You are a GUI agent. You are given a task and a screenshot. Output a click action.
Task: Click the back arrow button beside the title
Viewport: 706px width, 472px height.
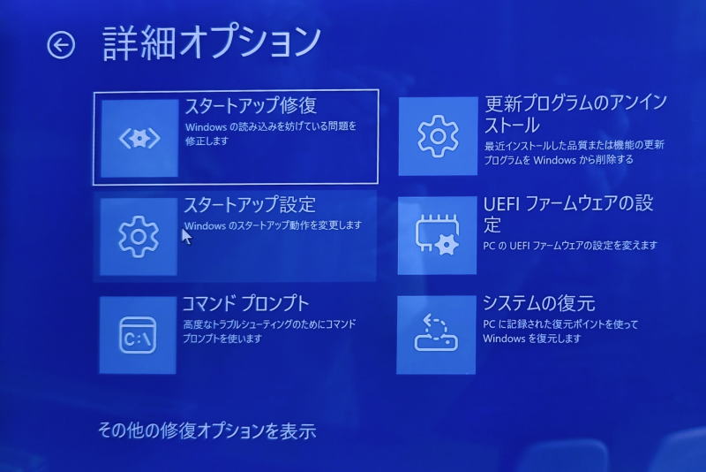click(x=61, y=45)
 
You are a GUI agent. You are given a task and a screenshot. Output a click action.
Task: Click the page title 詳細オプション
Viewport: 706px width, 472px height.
click(x=212, y=43)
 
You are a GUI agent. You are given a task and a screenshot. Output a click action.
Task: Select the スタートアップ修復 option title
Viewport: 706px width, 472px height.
click(x=251, y=105)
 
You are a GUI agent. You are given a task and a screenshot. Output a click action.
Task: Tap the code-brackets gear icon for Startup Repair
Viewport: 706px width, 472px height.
click(x=139, y=138)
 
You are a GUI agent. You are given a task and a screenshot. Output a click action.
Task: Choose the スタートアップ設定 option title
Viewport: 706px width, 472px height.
click(x=250, y=205)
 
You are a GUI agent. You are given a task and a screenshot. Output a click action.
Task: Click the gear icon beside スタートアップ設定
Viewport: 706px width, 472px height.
click(x=139, y=236)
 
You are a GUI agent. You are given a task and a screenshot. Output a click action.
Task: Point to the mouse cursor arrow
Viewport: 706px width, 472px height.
click(x=186, y=236)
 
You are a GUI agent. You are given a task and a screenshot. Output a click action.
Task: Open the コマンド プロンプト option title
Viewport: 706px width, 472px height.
click(x=246, y=303)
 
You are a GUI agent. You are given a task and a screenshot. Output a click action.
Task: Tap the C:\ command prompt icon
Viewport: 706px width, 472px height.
click(x=138, y=335)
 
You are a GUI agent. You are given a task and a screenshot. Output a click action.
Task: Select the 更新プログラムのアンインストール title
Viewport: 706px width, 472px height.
click(x=575, y=114)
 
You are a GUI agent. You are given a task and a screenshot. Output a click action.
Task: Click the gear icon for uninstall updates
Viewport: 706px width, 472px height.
click(x=438, y=136)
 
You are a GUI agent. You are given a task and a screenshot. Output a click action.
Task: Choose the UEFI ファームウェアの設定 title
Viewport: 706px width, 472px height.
click(x=568, y=213)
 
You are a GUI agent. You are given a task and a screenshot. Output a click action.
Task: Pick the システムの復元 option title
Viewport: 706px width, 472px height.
click(x=539, y=303)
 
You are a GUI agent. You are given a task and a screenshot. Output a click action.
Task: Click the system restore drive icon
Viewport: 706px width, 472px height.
click(x=436, y=333)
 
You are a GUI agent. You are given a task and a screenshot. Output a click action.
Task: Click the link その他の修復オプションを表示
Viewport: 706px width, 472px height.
click(x=207, y=430)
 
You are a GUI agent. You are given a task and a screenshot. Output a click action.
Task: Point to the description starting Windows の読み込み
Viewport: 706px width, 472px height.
click(x=271, y=133)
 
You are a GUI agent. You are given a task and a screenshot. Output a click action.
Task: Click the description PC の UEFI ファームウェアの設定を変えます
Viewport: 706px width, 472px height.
click(x=570, y=246)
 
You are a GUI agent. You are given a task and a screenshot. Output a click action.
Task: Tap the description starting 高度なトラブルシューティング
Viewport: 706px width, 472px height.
click(x=269, y=331)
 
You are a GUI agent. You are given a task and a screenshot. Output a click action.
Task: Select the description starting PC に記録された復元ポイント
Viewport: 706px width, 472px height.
click(x=560, y=331)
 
